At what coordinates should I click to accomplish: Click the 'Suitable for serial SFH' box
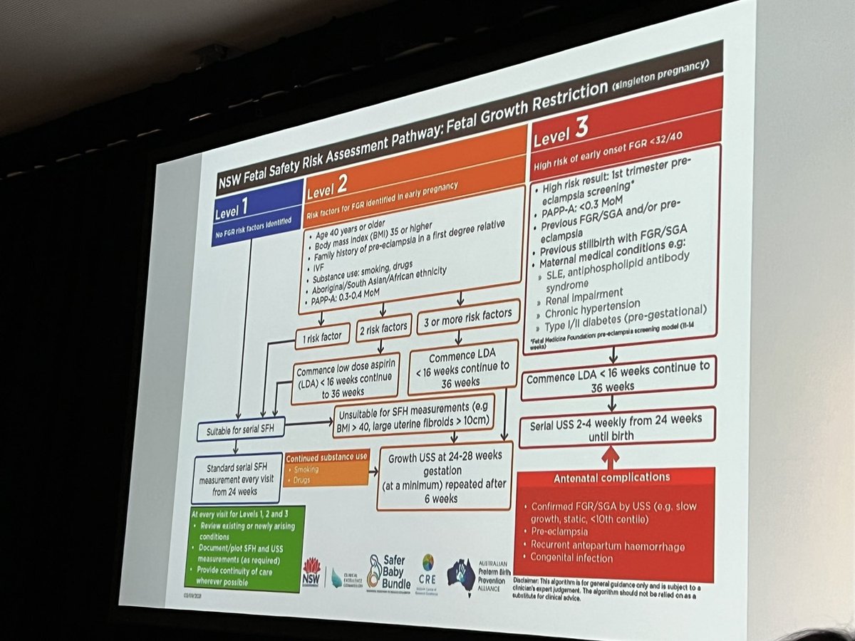pos(242,429)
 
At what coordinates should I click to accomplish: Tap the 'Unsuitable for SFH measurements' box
pos(413,415)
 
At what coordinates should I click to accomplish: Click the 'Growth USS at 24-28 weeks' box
pos(445,476)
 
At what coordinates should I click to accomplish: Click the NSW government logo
pos(312,570)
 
